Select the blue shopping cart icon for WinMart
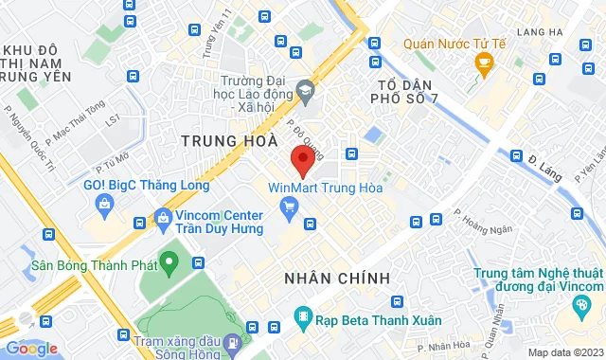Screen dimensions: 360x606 (291, 206)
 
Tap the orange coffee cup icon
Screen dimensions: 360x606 (485, 64)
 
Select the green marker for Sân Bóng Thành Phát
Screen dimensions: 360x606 (169, 259)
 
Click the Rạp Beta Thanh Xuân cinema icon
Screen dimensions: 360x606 (301, 315)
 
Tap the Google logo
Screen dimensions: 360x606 (31, 348)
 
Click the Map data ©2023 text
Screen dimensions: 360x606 (564, 352)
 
